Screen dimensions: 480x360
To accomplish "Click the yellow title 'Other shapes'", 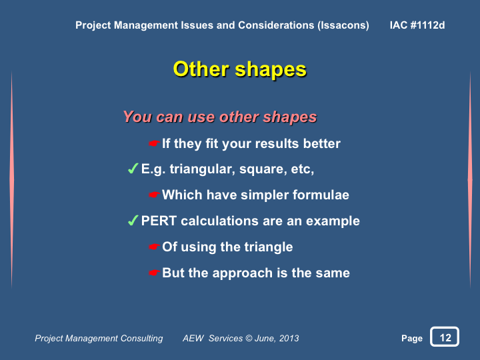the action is point(240,69).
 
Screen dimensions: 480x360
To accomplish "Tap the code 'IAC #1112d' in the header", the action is point(417,25).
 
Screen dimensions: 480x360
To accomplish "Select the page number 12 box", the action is point(445,337).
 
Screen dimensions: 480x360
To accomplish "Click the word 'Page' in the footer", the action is point(412,338).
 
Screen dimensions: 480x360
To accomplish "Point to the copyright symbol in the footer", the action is point(249,338).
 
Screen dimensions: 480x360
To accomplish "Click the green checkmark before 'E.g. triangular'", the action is point(133,169).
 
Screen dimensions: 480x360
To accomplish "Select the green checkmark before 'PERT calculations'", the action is point(133,221).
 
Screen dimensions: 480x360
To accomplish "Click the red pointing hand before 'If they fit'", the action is point(154,143).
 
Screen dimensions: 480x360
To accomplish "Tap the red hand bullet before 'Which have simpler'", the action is point(154,195).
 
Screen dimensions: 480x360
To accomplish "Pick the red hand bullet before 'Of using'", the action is point(154,247).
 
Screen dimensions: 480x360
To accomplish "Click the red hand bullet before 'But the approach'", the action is point(154,273).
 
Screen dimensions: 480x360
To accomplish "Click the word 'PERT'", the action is point(159,221).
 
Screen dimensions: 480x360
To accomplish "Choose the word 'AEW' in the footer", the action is point(193,338).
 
